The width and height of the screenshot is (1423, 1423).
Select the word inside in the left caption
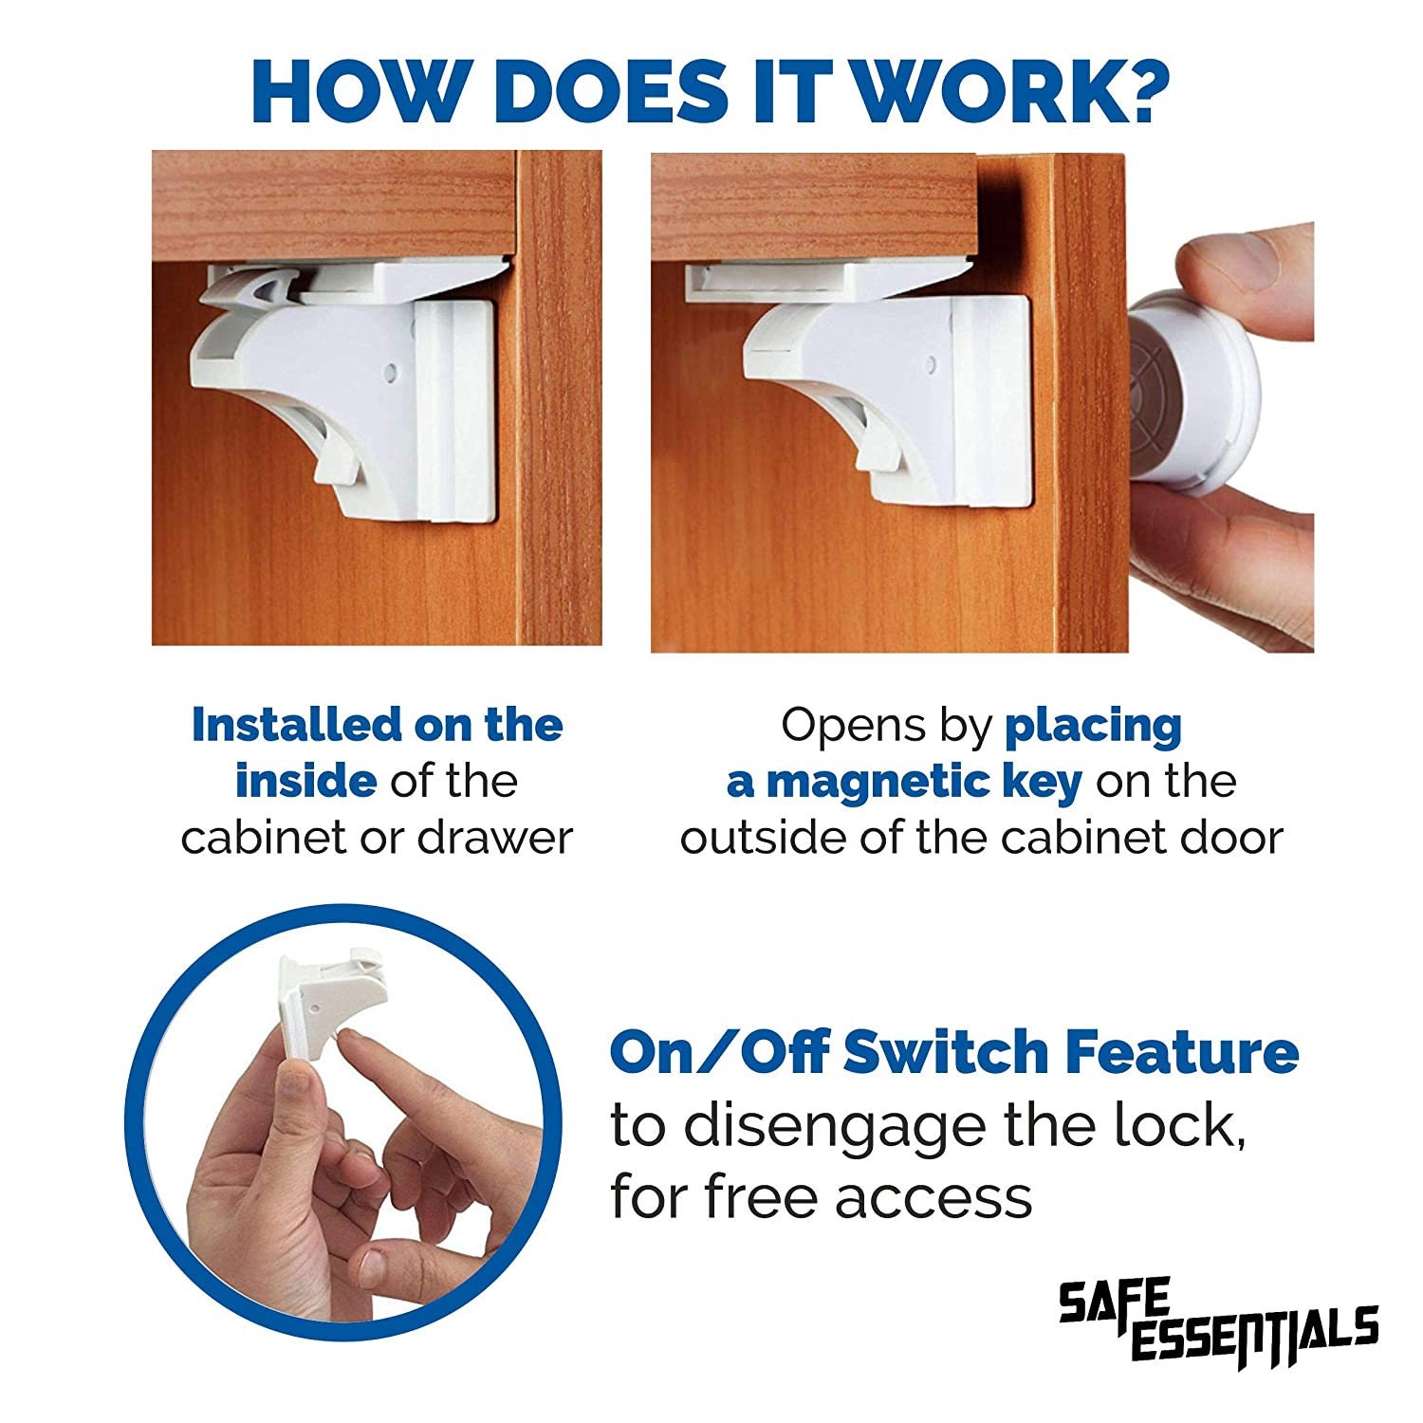pyautogui.click(x=305, y=783)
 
